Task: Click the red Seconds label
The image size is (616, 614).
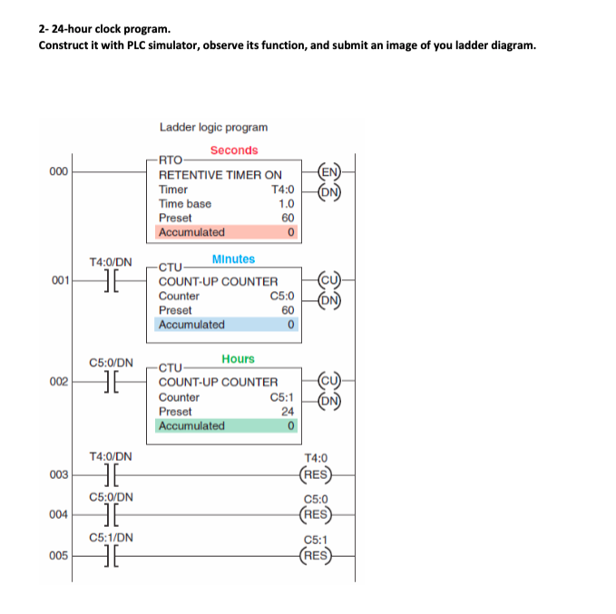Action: [x=234, y=151]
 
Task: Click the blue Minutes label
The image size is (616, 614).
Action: [x=233, y=259]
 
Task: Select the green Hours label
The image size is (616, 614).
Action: [x=238, y=359]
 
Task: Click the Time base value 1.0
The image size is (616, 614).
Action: [x=286, y=204]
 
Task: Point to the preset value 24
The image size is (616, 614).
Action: [x=287, y=411]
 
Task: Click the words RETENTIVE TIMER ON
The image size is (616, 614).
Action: [x=220, y=175]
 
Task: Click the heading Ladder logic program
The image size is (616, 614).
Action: [x=213, y=128]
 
